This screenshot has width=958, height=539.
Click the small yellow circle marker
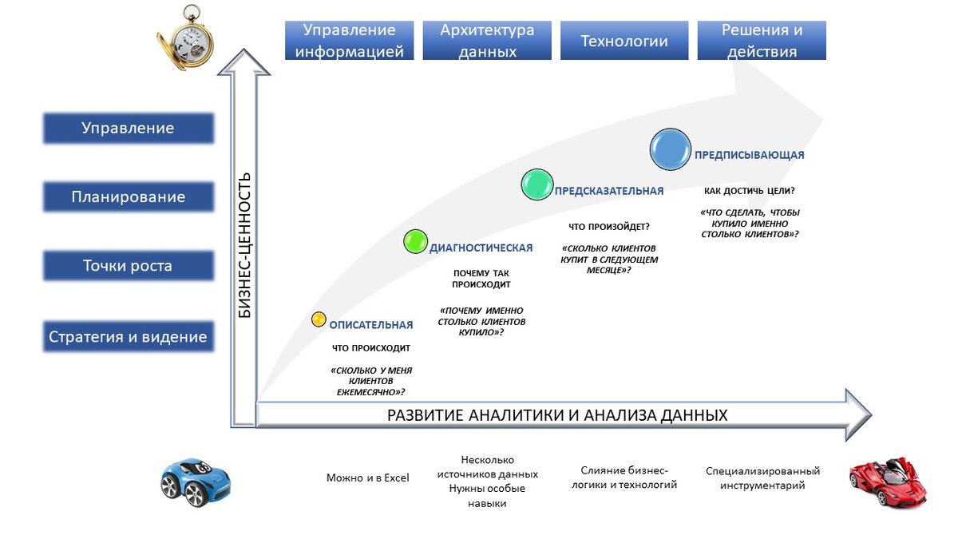point(319,319)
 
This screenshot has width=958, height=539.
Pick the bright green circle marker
point(415,241)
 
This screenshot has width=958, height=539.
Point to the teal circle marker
point(537,184)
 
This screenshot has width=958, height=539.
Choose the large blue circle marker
point(670,149)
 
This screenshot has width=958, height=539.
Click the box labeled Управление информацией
point(349,41)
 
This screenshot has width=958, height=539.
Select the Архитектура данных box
point(487,41)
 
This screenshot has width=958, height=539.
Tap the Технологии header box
point(624,41)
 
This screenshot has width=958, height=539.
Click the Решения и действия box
point(762,41)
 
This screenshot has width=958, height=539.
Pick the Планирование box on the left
point(129,197)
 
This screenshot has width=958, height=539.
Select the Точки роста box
point(129,266)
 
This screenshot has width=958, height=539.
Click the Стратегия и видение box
point(129,336)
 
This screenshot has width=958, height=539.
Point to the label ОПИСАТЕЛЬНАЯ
point(371,325)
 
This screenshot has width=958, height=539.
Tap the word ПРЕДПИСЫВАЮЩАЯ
point(749,155)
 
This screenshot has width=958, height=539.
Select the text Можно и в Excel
point(367,478)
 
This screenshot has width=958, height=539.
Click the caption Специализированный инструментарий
point(762,478)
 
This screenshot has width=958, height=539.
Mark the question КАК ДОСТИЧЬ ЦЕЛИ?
point(749,192)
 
